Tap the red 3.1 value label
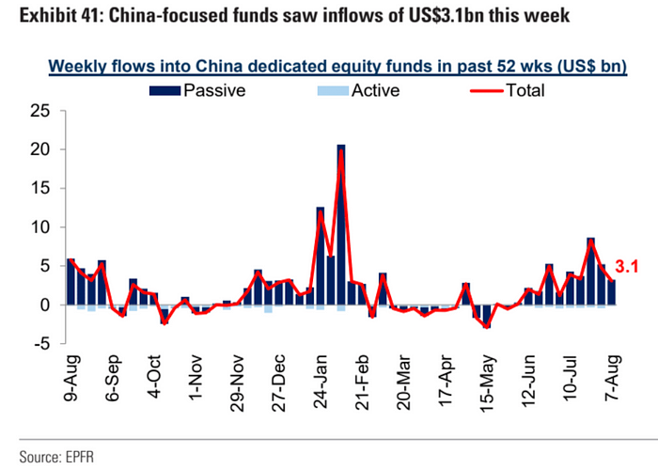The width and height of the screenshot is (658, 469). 628,267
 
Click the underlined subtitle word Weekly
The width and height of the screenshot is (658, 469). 78,66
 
